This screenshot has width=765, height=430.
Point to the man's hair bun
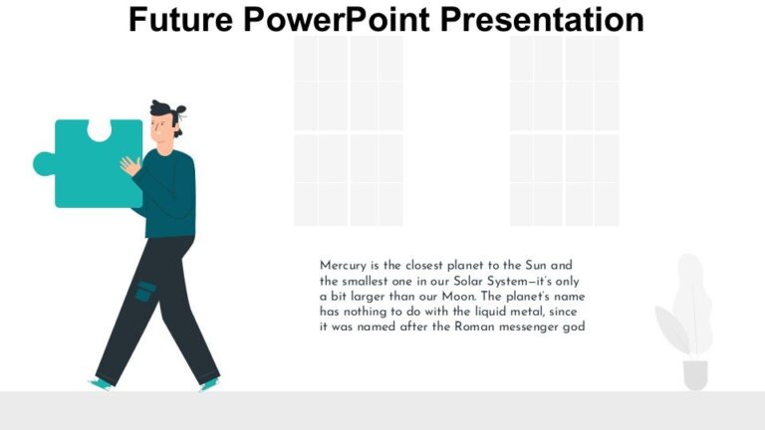point(179,110)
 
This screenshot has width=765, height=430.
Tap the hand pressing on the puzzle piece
point(129,166)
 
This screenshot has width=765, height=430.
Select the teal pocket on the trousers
point(145,292)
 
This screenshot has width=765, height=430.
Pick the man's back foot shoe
point(101,383)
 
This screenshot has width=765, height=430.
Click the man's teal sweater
point(169,194)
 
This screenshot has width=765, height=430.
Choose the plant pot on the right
point(695,374)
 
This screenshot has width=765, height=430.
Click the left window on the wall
point(348,130)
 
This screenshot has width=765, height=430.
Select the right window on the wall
point(564,130)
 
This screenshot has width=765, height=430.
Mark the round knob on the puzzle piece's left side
point(43,163)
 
